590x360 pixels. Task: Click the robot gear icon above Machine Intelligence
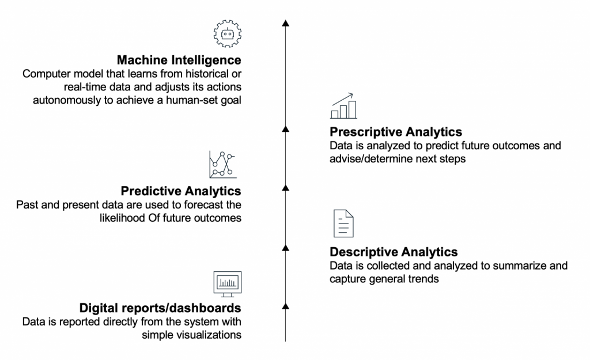point(227,33)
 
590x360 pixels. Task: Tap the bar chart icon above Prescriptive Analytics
point(343,106)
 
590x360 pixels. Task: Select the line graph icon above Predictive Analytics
point(223,164)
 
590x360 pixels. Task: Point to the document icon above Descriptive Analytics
point(343,223)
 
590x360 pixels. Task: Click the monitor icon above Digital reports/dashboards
point(227,284)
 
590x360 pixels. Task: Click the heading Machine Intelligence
point(179,60)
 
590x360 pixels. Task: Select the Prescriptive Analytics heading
point(396,132)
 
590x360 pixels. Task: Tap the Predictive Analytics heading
point(180,191)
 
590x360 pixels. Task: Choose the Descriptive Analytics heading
point(394,252)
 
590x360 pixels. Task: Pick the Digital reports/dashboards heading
point(160,308)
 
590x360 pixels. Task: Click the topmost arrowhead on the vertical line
point(286,23)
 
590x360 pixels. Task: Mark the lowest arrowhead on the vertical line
point(286,306)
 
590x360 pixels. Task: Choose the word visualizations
point(191,335)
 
